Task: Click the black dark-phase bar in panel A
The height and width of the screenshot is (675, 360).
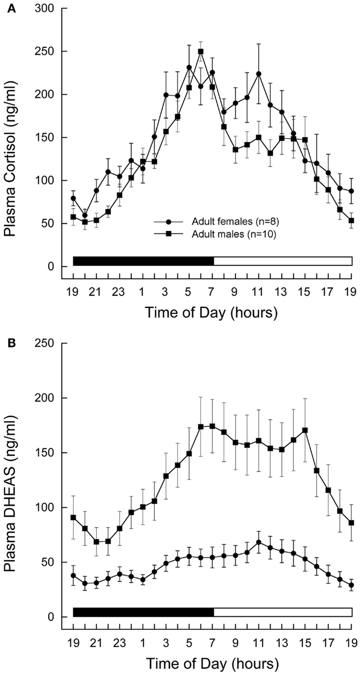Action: click(x=143, y=261)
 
